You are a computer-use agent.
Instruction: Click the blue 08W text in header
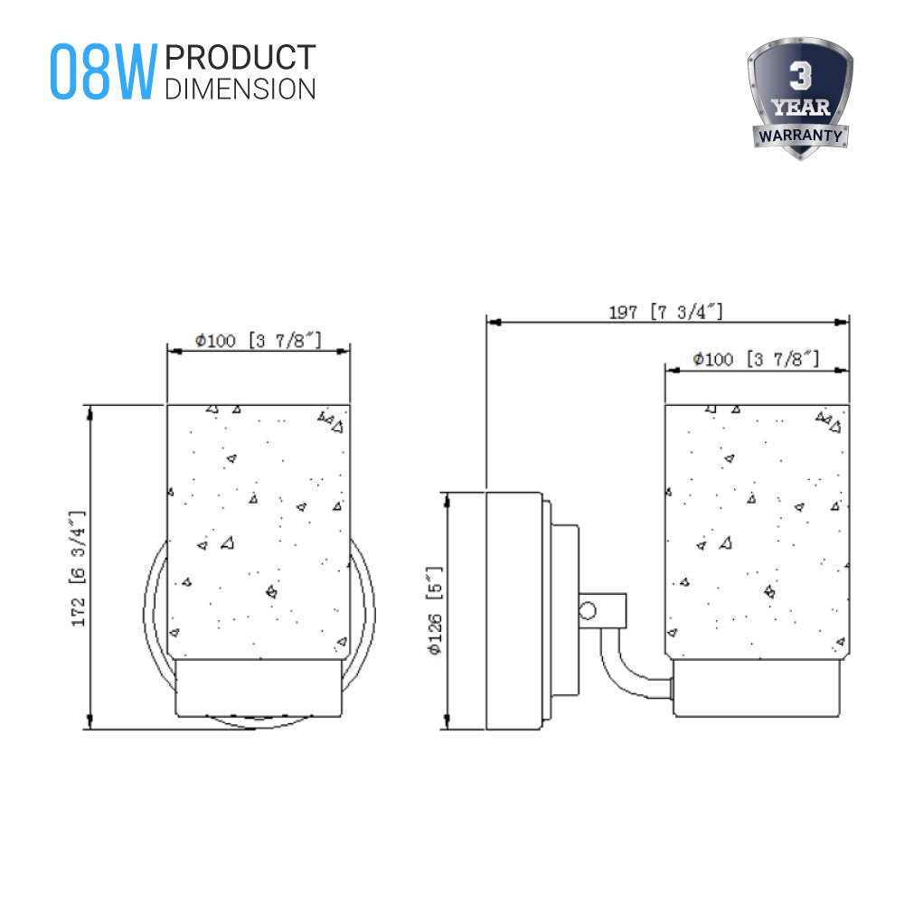click(x=102, y=71)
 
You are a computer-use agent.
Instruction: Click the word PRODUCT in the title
click(x=240, y=58)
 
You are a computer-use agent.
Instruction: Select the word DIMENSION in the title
click(x=240, y=88)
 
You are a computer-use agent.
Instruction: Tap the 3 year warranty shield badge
click(x=800, y=99)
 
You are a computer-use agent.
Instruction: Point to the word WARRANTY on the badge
click(x=800, y=137)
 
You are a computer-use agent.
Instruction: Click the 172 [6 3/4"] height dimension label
click(x=79, y=568)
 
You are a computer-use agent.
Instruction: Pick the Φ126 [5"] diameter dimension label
click(x=437, y=610)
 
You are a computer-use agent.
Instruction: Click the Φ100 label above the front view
click(x=258, y=341)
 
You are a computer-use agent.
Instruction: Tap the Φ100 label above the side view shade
click(x=756, y=360)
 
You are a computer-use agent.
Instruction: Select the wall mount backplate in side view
click(x=513, y=610)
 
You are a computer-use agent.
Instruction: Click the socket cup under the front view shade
click(x=258, y=687)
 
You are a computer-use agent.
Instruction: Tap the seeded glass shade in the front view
click(x=258, y=529)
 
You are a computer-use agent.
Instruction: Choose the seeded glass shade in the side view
click(x=758, y=529)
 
